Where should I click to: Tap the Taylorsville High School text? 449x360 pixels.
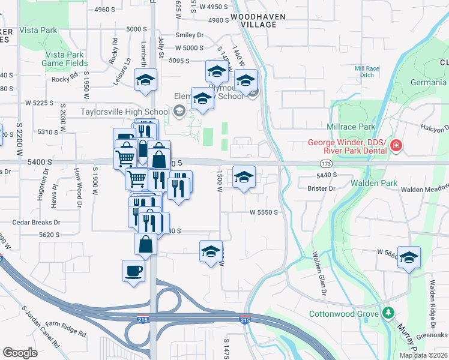[125, 111]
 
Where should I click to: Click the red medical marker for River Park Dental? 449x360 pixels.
[396, 146]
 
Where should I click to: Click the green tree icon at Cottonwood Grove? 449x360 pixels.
[389, 313]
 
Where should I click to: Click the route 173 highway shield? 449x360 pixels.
[326, 163]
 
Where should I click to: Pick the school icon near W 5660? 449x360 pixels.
[409, 257]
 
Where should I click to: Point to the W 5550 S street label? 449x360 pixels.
[264, 212]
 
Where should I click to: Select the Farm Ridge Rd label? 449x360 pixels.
[67, 329]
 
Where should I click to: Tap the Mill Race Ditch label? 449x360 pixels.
[367, 71]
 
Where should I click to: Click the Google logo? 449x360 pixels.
[20, 352]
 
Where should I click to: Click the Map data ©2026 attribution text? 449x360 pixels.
[424, 355]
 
